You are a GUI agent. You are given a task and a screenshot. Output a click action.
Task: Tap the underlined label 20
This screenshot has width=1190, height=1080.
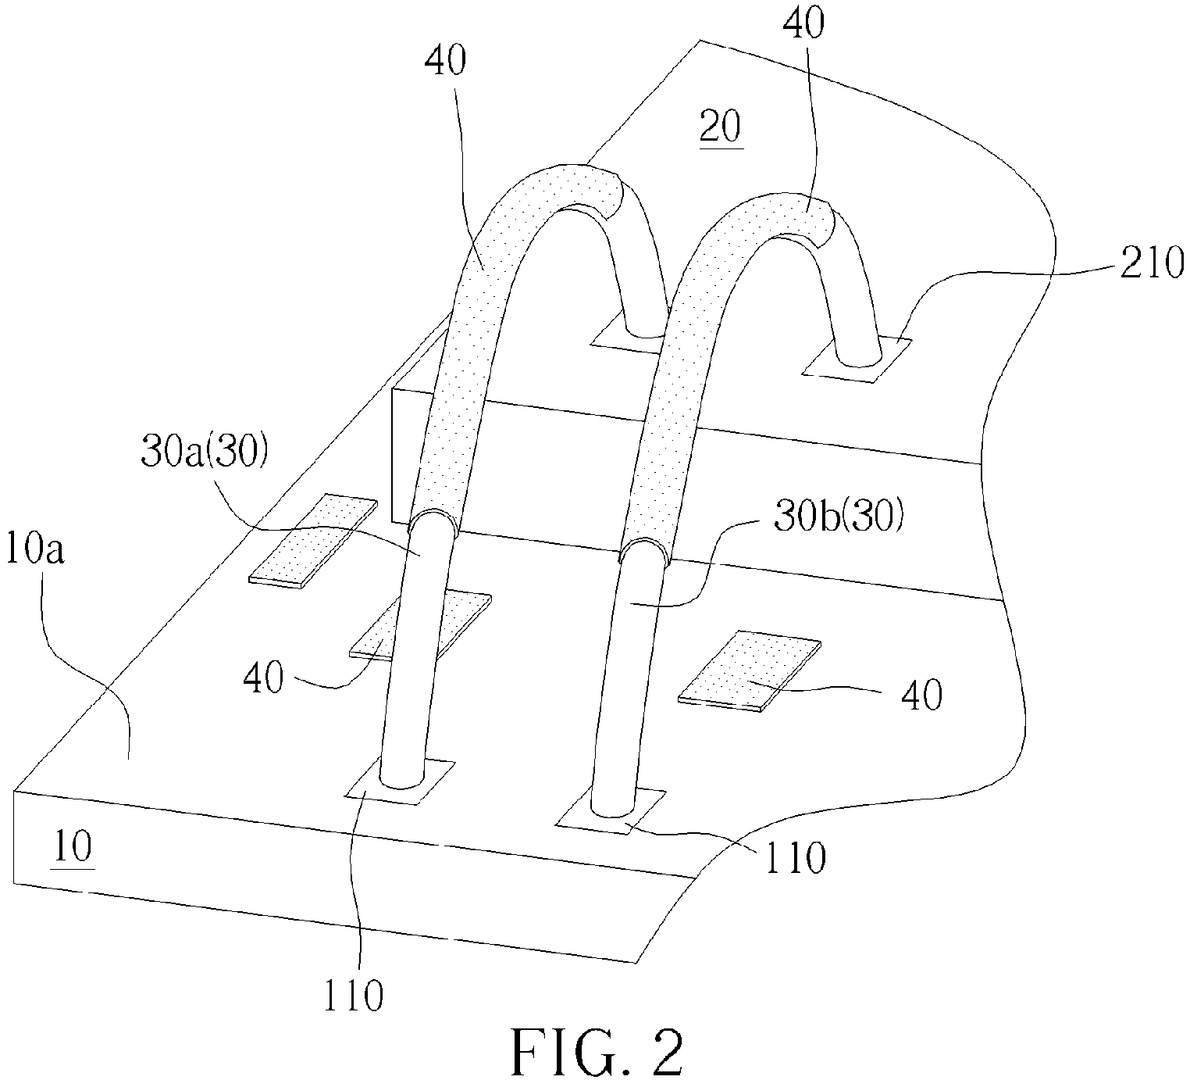[721, 127]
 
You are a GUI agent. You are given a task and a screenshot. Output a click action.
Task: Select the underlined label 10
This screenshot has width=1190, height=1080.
[73, 846]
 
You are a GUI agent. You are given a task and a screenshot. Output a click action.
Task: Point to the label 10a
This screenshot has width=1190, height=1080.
[35, 550]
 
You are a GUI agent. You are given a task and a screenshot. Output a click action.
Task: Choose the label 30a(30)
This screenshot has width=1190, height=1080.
[204, 452]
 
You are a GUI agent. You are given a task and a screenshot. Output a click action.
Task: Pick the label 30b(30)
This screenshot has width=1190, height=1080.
[839, 517]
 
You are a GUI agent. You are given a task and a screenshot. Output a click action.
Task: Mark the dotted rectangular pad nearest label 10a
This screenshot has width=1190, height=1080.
[312, 540]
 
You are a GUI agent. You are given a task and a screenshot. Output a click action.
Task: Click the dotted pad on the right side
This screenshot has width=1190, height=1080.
[750, 671]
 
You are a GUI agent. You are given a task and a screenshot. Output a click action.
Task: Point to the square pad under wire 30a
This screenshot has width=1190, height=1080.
[400, 781]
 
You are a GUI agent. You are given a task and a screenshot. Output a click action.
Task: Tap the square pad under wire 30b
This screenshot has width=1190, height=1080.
[610, 812]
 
